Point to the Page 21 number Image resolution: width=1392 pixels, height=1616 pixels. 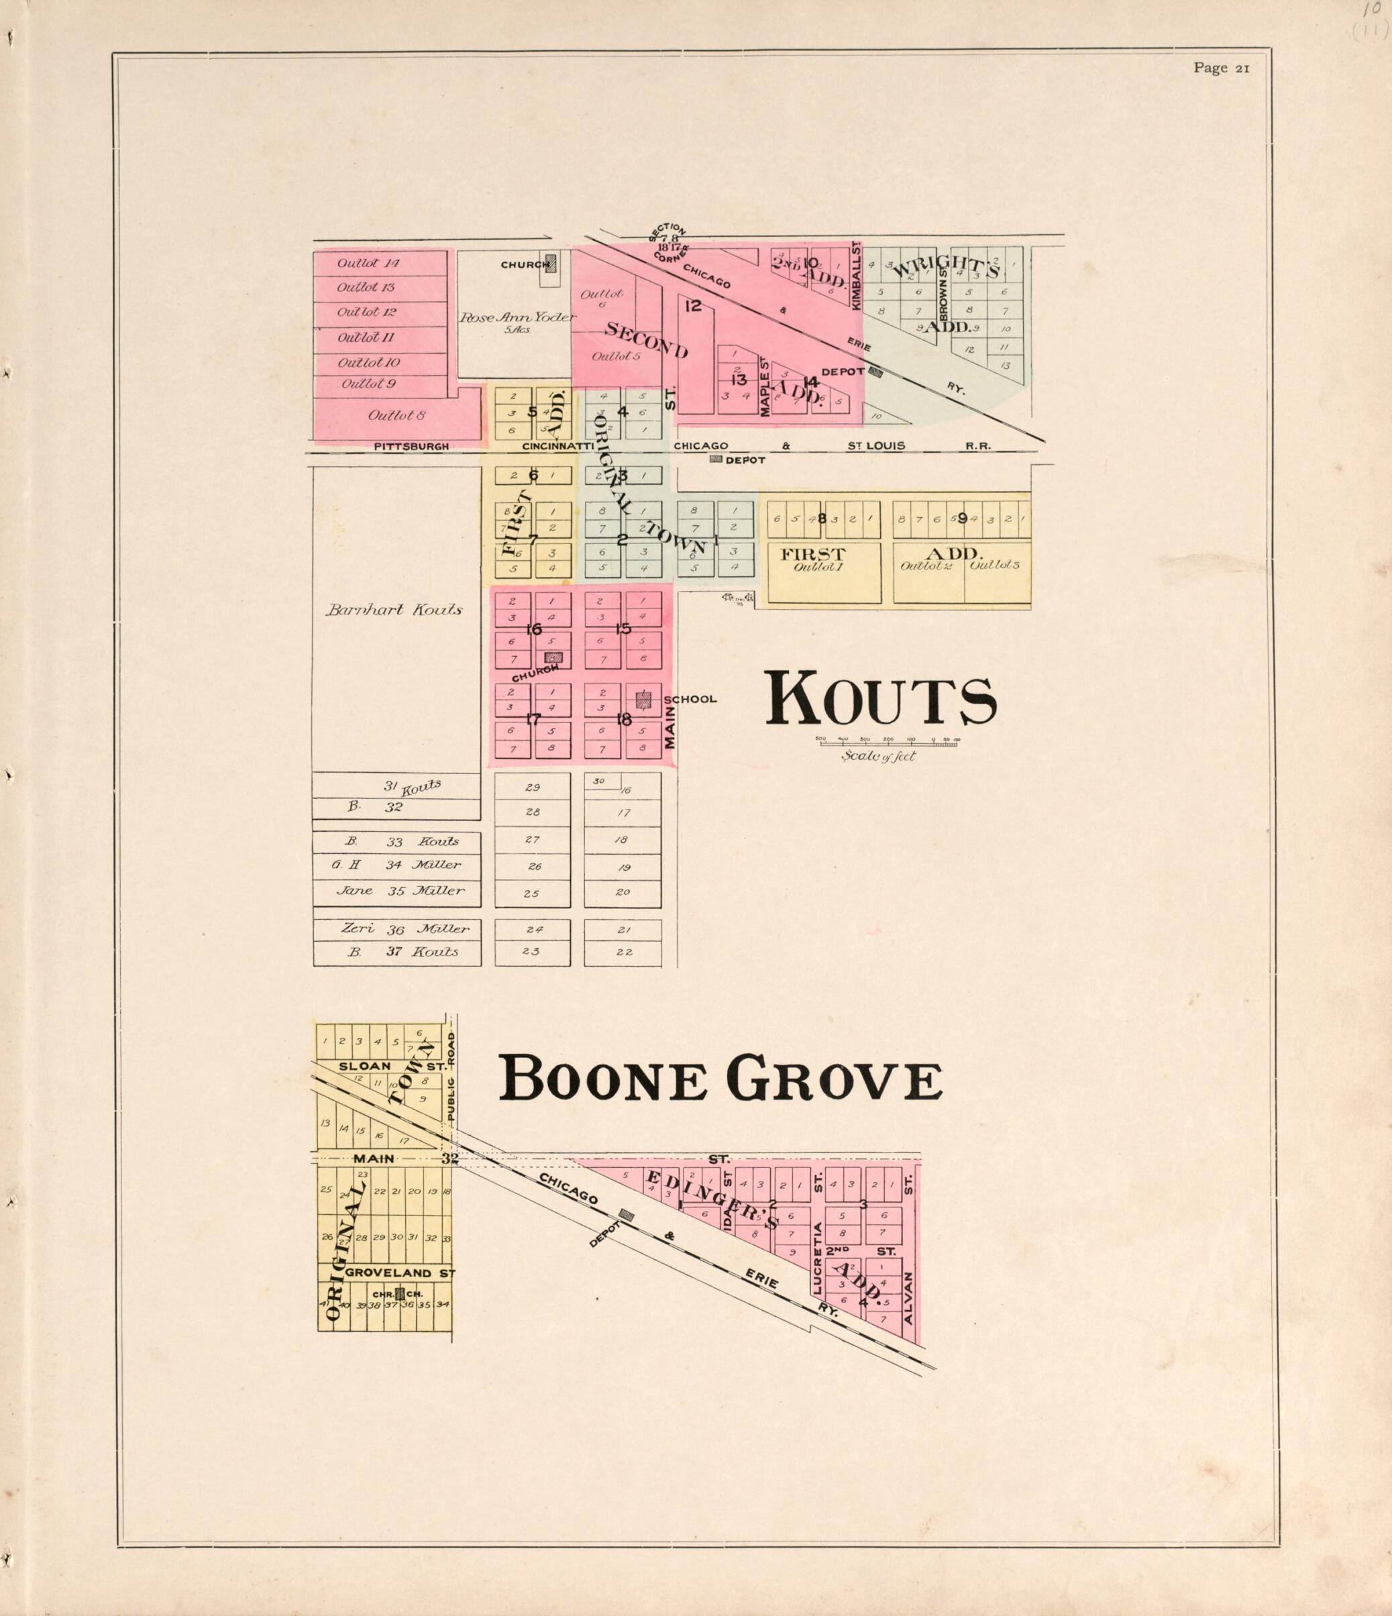click(x=1221, y=68)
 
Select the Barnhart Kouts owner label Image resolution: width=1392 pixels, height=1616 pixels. click(x=394, y=610)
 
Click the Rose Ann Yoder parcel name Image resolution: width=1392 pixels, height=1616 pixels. click(x=517, y=317)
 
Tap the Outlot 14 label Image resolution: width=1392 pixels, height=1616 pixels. click(x=368, y=263)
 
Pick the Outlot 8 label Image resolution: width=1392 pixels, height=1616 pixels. click(x=397, y=416)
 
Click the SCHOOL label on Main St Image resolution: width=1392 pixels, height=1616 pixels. click(x=690, y=699)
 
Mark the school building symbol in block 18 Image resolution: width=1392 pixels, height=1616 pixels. click(x=643, y=700)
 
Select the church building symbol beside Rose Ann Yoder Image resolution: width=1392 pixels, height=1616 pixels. click(x=551, y=264)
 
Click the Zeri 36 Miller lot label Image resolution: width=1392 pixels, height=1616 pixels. click(x=405, y=929)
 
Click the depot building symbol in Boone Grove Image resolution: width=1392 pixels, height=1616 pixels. click(x=625, y=1214)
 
